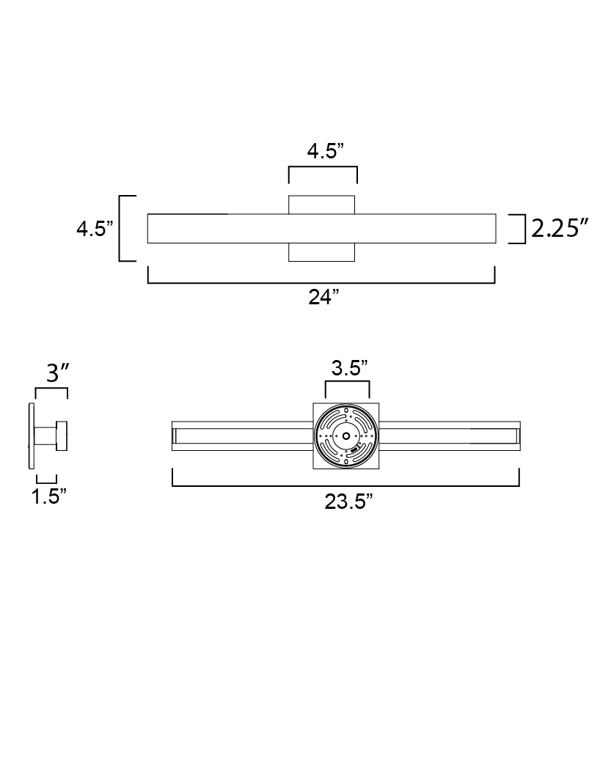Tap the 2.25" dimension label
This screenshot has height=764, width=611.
click(x=560, y=229)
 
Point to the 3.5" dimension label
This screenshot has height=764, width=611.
click(x=348, y=368)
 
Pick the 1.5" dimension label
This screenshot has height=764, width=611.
click(x=49, y=496)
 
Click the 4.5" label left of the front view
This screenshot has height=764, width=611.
click(x=95, y=229)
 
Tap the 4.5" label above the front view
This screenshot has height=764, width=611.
click(x=323, y=152)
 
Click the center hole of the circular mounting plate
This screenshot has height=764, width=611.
click(x=345, y=436)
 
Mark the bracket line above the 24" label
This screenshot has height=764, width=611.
click(x=321, y=282)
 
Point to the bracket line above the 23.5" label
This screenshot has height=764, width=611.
click(x=345, y=485)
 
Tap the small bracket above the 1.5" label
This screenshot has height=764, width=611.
click(x=47, y=481)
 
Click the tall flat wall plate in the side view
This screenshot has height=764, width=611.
click(x=31, y=436)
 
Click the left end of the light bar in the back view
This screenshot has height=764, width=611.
click(x=176, y=436)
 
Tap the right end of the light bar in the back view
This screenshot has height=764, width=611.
click(x=516, y=436)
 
